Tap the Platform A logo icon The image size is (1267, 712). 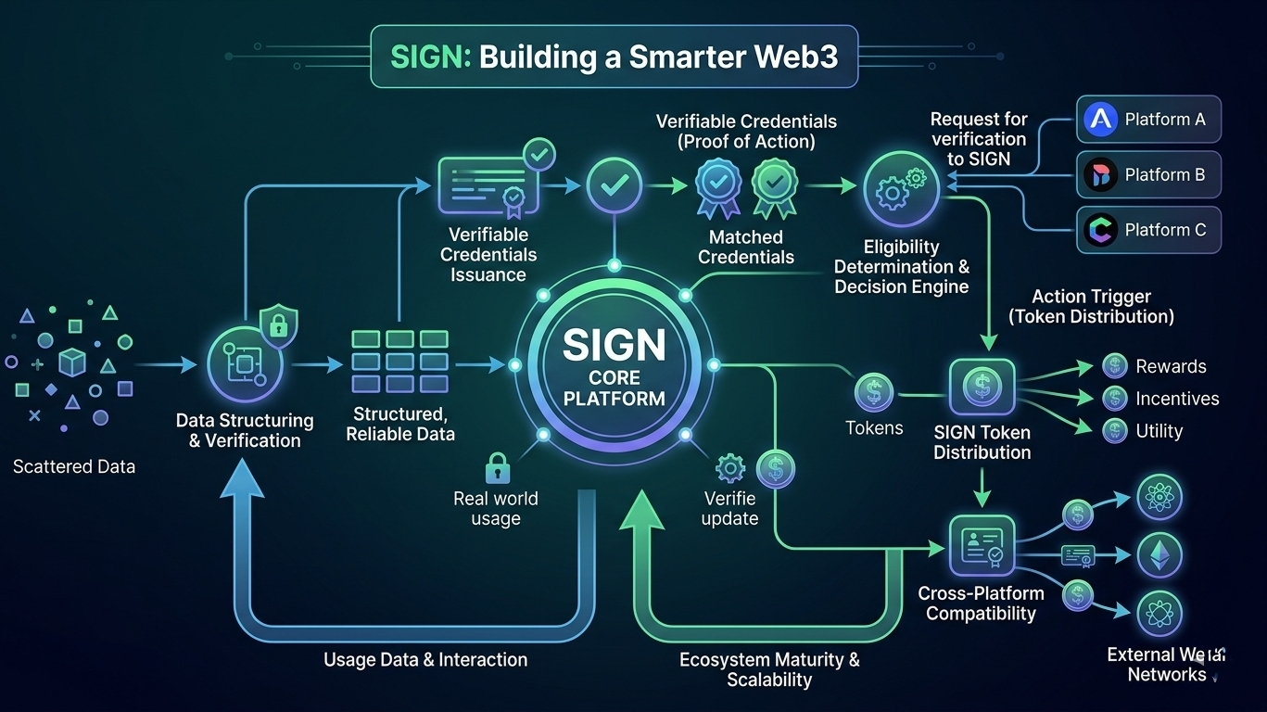click(1100, 120)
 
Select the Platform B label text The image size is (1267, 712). click(1164, 174)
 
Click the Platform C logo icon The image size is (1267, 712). click(1100, 230)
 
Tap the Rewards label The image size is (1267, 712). click(1171, 366)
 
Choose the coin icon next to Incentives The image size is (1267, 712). click(1114, 400)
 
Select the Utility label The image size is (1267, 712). click(1159, 431)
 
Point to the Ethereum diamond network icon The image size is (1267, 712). click(1159, 555)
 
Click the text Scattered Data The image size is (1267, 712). click(74, 466)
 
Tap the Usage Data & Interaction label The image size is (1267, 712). click(425, 660)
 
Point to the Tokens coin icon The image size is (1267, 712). click(873, 392)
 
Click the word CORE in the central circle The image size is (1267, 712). click(614, 378)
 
